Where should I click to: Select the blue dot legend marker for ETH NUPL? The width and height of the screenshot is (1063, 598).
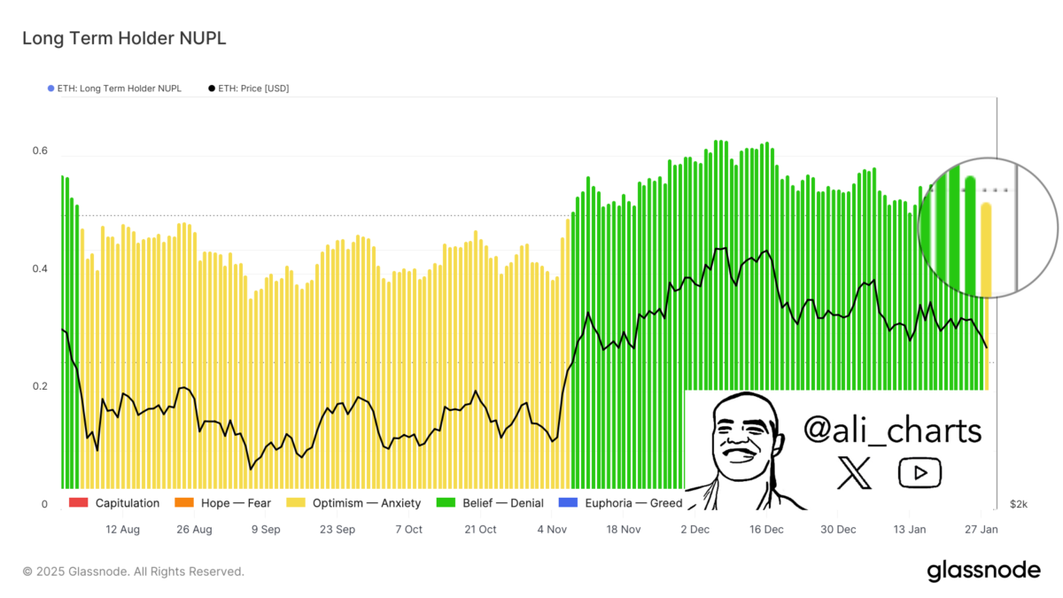50,89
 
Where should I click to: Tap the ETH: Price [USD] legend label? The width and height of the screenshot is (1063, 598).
253,89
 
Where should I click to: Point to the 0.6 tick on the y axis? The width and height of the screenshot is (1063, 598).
40,151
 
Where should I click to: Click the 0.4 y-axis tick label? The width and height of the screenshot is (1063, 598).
40,268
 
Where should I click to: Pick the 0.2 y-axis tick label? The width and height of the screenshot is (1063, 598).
40,386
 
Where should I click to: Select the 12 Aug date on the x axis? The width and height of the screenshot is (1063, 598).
122,530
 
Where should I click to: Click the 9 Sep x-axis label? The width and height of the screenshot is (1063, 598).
266,530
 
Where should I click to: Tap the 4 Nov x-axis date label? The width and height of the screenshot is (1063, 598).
552,530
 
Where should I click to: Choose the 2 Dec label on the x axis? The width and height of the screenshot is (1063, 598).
695,530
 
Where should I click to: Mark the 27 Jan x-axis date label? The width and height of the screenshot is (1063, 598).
982,530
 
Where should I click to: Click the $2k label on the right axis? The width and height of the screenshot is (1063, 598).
1019,504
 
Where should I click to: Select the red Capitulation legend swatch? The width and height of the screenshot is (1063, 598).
78,503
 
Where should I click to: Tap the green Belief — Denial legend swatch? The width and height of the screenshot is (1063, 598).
446,503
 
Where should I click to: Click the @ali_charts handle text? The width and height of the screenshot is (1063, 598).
892,431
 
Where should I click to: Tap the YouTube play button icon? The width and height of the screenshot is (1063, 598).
919,473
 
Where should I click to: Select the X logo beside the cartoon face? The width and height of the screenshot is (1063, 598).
854,473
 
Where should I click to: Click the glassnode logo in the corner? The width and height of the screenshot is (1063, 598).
983,571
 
